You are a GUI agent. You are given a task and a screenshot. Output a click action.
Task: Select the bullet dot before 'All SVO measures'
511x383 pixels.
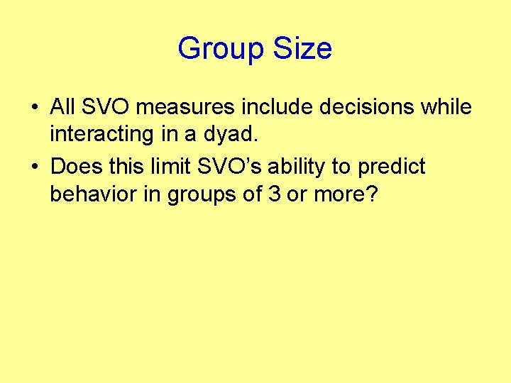pyautogui.click(x=35, y=108)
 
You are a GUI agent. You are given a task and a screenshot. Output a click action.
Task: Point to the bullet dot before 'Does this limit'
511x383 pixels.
pyautogui.click(x=35, y=167)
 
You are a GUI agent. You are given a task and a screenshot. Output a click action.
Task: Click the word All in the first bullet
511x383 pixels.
pyautogui.click(x=62, y=107)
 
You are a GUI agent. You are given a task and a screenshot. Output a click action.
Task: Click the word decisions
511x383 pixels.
pyautogui.click(x=359, y=107)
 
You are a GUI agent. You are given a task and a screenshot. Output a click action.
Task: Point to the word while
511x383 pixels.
pyautogui.click(x=444, y=107)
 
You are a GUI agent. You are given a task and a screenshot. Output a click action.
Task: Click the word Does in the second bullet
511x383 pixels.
pyautogui.click(x=75, y=167)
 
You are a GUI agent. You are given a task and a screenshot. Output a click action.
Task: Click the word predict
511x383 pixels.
pyautogui.click(x=391, y=167)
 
